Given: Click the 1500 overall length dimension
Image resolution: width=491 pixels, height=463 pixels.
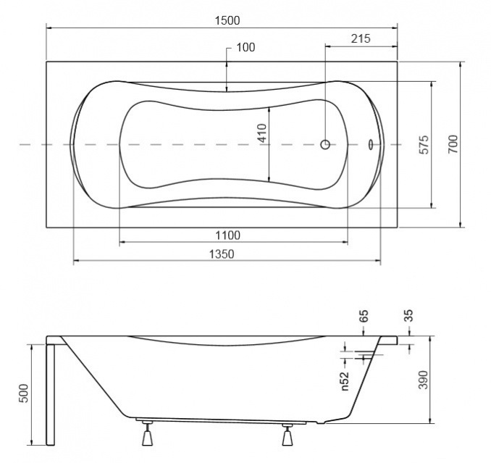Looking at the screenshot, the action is (x=227, y=21).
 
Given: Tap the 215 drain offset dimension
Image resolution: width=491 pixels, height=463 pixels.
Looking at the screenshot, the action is (x=361, y=39).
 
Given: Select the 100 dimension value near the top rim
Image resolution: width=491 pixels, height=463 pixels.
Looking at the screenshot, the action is (x=246, y=47).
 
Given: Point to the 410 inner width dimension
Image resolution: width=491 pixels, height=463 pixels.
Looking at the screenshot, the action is (x=262, y=133).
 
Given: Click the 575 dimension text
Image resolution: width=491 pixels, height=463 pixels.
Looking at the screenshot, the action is (x=424, y=144).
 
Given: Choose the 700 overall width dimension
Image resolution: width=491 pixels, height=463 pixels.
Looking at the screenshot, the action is (x=453, y=144).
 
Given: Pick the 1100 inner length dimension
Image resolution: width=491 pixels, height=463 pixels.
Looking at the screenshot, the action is (x=227, y=235).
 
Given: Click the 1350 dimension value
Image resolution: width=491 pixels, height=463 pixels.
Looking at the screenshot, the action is (x=222, y=254).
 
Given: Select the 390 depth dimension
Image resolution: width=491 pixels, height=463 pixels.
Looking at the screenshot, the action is (x=424, y=380).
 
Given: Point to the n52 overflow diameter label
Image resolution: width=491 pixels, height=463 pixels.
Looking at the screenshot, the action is (x=345, y=381).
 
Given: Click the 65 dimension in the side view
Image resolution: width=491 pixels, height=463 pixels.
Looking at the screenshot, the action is (x=364, y=316).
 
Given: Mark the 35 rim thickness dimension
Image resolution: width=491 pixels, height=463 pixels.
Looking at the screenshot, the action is (x=409, y=315).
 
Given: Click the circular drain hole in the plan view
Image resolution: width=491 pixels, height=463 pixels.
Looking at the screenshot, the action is (x=325, y=144).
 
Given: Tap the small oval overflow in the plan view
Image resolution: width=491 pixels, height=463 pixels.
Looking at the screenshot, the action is (x=370, y=144).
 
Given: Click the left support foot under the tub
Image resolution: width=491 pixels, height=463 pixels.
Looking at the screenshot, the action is (x=147, y=433).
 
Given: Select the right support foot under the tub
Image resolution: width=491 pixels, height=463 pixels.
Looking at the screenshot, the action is (x=288, y=435).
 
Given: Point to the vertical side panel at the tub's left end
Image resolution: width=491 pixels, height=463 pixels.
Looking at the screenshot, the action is (x=51, y=393).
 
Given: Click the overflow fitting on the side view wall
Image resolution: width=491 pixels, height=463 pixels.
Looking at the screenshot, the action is (x=367, y=356).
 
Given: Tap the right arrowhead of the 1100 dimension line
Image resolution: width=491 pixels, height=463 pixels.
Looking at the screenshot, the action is (x=345, y=242).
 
